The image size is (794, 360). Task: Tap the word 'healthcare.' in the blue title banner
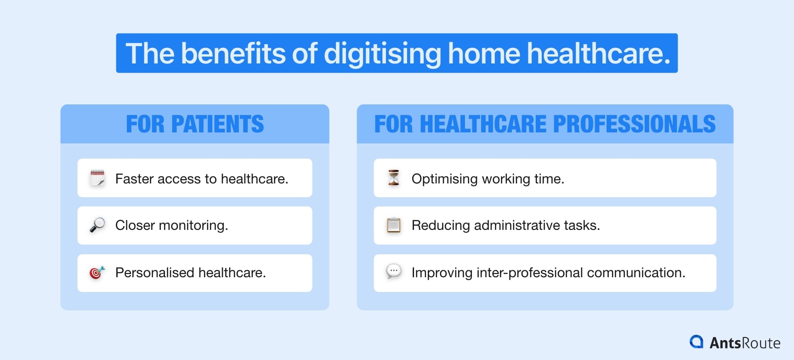[598, 54]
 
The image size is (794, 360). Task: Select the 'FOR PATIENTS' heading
[195, 124]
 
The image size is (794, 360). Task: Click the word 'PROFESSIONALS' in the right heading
[634, 124]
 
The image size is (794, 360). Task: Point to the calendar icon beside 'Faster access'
[97, 178]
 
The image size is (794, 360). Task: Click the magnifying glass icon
[97, 225]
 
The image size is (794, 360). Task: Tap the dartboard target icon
[97, 273]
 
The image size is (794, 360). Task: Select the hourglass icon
[394, 178]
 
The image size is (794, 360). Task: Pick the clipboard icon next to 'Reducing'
[394, 225]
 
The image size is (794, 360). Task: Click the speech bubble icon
[394, 272]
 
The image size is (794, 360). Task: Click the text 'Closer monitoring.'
[171, 225]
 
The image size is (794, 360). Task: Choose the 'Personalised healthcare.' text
[190, 273]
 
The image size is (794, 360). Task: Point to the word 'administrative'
[517, 225]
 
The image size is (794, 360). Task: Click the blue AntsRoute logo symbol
[697, 342]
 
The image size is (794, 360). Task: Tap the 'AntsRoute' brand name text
[744, 343]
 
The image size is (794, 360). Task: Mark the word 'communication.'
[636, 273]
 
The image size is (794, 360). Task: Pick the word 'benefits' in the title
[233, 54]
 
